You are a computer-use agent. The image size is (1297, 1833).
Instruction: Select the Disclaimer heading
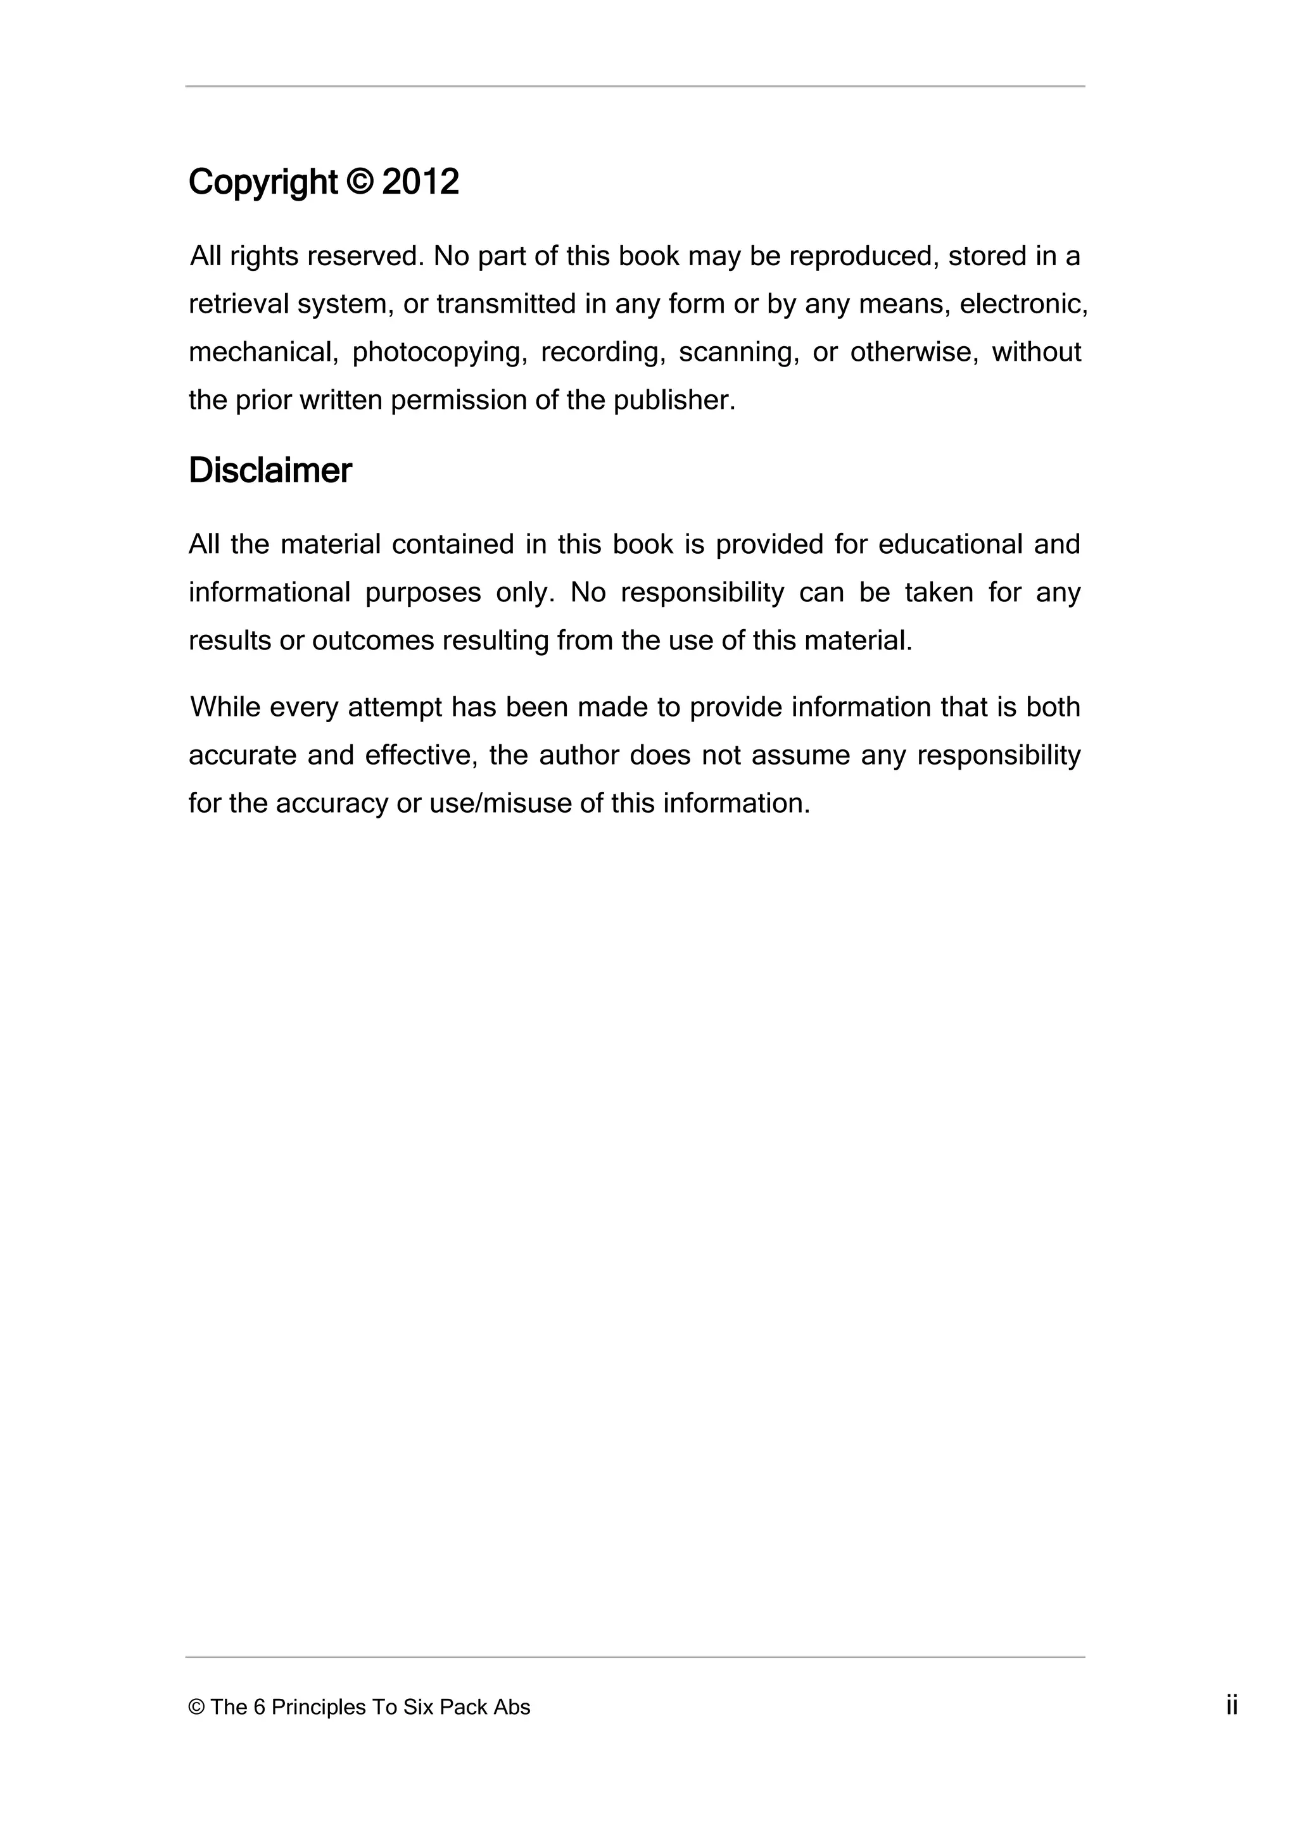270,471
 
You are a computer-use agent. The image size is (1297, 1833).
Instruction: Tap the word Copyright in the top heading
263,184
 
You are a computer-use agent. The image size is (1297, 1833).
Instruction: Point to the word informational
269,592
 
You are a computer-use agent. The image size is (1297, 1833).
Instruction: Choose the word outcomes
372,641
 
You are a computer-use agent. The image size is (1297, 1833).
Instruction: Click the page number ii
1232,1706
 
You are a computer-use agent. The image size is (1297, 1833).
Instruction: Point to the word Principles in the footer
318,1708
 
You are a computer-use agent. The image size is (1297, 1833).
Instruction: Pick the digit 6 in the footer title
260,1708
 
